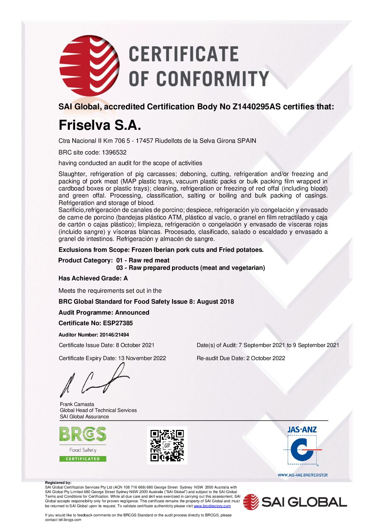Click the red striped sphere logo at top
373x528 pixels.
(89, 66)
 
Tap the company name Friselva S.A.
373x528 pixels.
(100, 125)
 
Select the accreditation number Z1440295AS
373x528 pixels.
(256, 107)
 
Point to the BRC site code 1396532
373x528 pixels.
(114, 152)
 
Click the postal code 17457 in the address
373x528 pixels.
(145, 141)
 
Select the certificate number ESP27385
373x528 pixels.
(118, 323)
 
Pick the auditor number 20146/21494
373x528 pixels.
(114, 335)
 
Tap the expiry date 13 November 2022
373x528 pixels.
(142, 358)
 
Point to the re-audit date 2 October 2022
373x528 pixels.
(265, 358)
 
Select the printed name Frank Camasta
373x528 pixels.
(77, 404)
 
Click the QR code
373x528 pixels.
(167, 445)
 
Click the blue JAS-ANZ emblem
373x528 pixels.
(302, 449)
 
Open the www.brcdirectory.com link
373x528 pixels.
(212, 506)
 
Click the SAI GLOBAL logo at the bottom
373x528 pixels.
(295, 502)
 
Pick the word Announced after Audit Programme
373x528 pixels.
(132, 312)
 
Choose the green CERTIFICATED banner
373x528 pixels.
(83, 459)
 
